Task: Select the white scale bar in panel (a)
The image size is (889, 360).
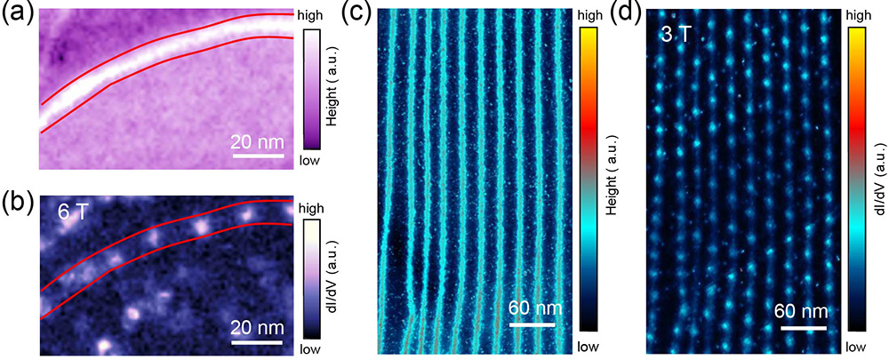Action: (x=258, y=156)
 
